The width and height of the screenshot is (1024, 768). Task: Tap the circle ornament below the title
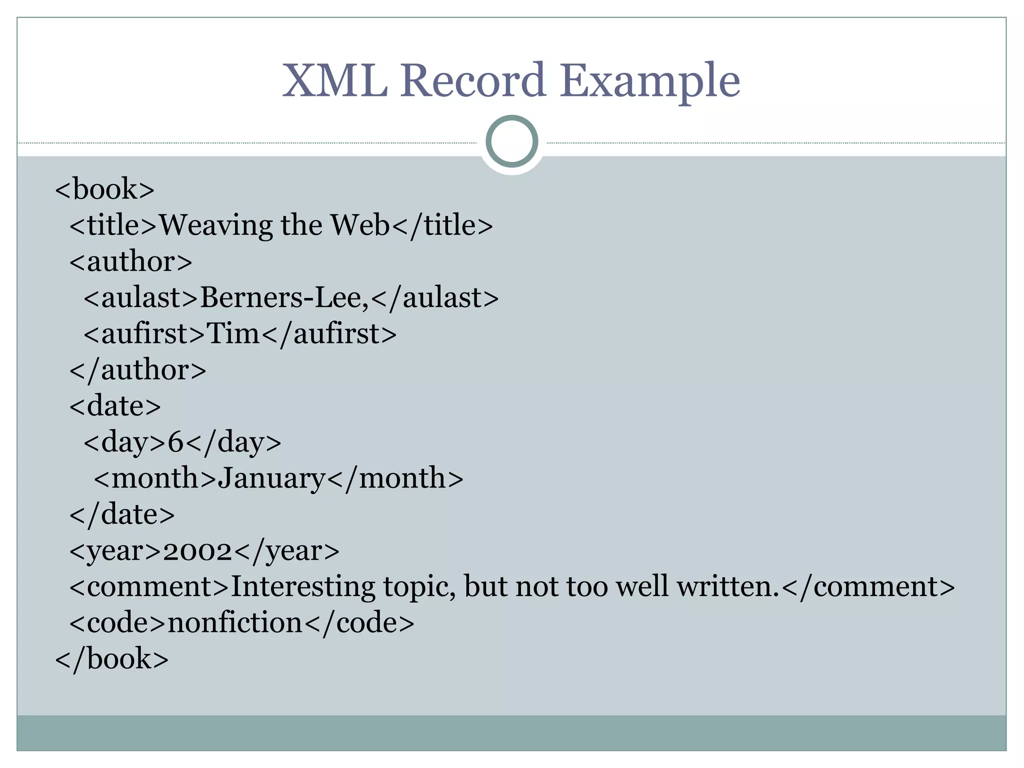coord(511,141)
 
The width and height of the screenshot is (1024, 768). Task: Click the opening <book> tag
coord(104,189)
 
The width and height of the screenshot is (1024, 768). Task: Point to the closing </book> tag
coord(111,659)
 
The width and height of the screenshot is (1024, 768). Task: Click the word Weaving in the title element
coord(215,225)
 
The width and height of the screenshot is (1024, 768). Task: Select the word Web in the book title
coord(359,225)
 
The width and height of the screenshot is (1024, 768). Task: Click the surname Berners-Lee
coord(283,298)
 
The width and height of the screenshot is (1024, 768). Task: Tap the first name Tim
coord(233,334)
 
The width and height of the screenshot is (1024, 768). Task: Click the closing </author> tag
coord(137,370)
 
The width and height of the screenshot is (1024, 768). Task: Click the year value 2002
coord(197,551)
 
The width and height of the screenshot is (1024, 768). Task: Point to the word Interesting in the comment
coord(302,587)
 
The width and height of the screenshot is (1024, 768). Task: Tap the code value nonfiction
coord(235,623)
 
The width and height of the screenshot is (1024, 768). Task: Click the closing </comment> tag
coord(867,587)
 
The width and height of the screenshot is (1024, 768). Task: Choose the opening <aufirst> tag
coord(144,334)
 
